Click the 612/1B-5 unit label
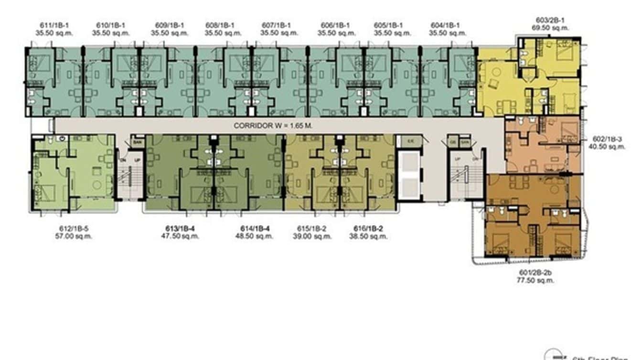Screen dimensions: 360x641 pyautogui.click(x=74, y=229)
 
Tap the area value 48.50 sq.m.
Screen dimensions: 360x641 pyautogui.click(x=254, y=236)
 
